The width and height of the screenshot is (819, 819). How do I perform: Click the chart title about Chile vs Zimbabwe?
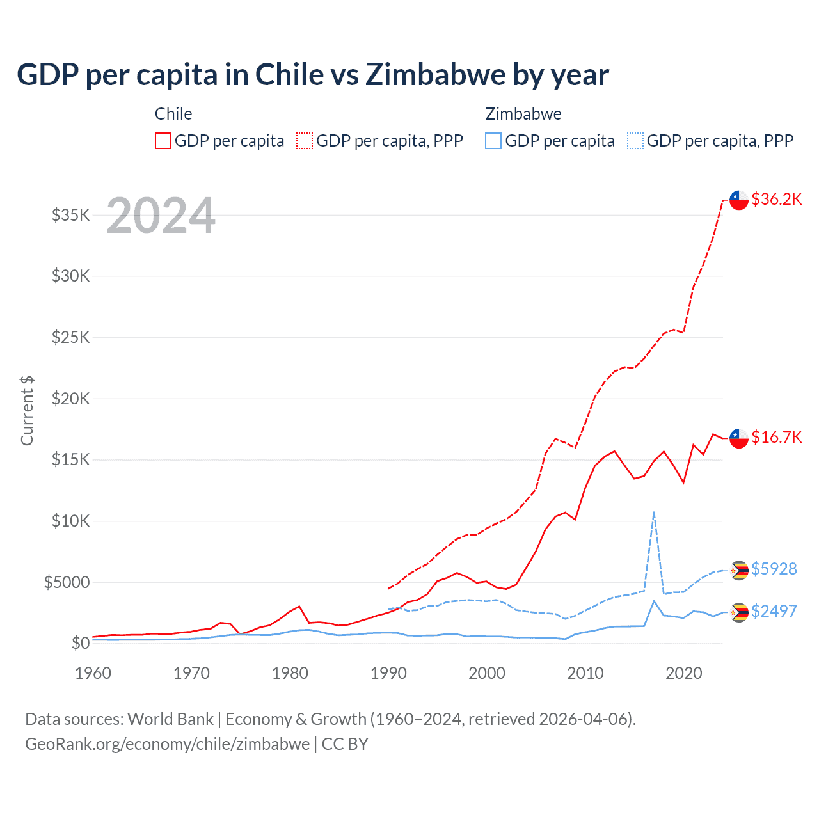pos(312,75)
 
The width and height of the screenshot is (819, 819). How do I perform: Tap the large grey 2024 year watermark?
pos(161,216)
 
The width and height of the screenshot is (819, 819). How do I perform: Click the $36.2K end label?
pos(776,199)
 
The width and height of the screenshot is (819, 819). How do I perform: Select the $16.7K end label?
pos(776,437)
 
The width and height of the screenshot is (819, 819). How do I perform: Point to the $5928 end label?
pos(774,569)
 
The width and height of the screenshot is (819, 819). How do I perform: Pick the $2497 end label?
pos(774,611)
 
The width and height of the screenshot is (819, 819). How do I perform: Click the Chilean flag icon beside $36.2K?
pos(739,200)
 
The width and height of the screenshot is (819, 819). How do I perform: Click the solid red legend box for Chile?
pos(163,141)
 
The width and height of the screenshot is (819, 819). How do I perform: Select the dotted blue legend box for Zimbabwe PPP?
pos(635,141)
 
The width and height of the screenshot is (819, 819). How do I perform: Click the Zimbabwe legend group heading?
pos(523,114)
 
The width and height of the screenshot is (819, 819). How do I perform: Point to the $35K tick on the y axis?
pos(71,215)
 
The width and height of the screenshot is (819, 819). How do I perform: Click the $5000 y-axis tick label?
pos(67,582)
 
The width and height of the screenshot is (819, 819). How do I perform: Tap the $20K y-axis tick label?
pos(71,399)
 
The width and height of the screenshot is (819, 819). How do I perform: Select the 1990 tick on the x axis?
pos(388,673)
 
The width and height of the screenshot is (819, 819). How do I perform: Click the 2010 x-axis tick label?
pos(585,673)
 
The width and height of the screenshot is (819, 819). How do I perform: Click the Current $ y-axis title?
pos(27,411)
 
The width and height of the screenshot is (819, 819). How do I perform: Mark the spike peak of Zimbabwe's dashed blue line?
pos(653,512)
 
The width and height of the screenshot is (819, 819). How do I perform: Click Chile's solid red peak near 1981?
pos(299,606)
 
